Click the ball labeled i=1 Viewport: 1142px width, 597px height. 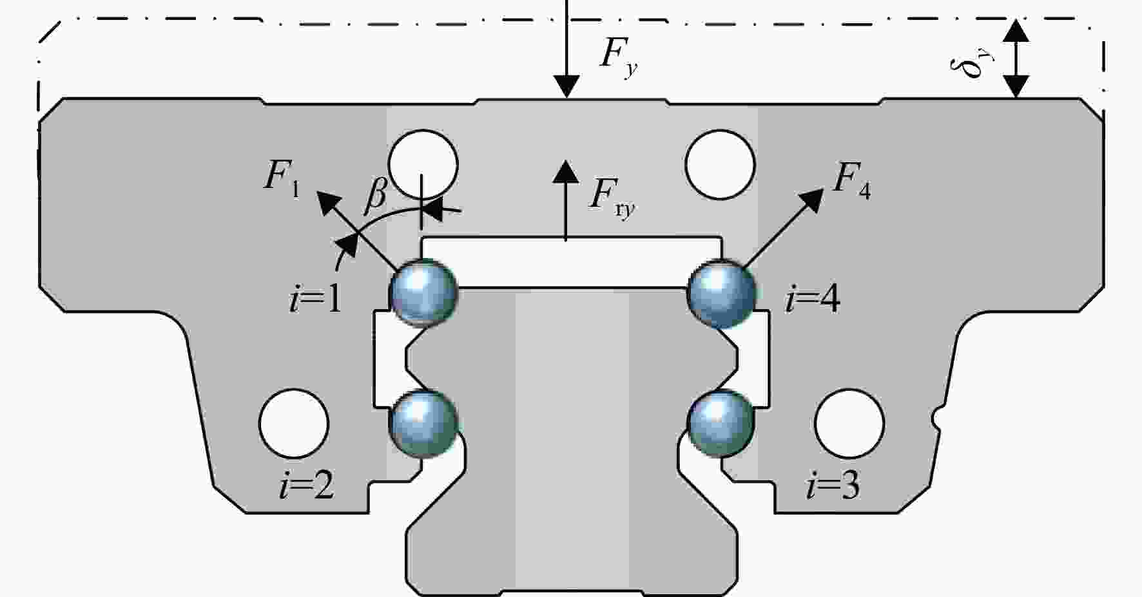[424, 293]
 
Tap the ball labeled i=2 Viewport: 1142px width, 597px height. [424, 424]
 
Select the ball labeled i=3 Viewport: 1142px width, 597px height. [721, 424]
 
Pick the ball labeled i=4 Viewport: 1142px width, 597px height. [721, 293]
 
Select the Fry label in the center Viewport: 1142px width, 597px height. [612, 198]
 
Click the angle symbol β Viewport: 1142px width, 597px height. [376, 194]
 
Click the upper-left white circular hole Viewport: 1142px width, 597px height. [424, 164]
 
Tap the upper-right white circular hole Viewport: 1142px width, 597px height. [720, 164]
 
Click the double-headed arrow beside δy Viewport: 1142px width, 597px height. [1016, 59]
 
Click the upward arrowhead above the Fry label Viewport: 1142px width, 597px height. [566, 170]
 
